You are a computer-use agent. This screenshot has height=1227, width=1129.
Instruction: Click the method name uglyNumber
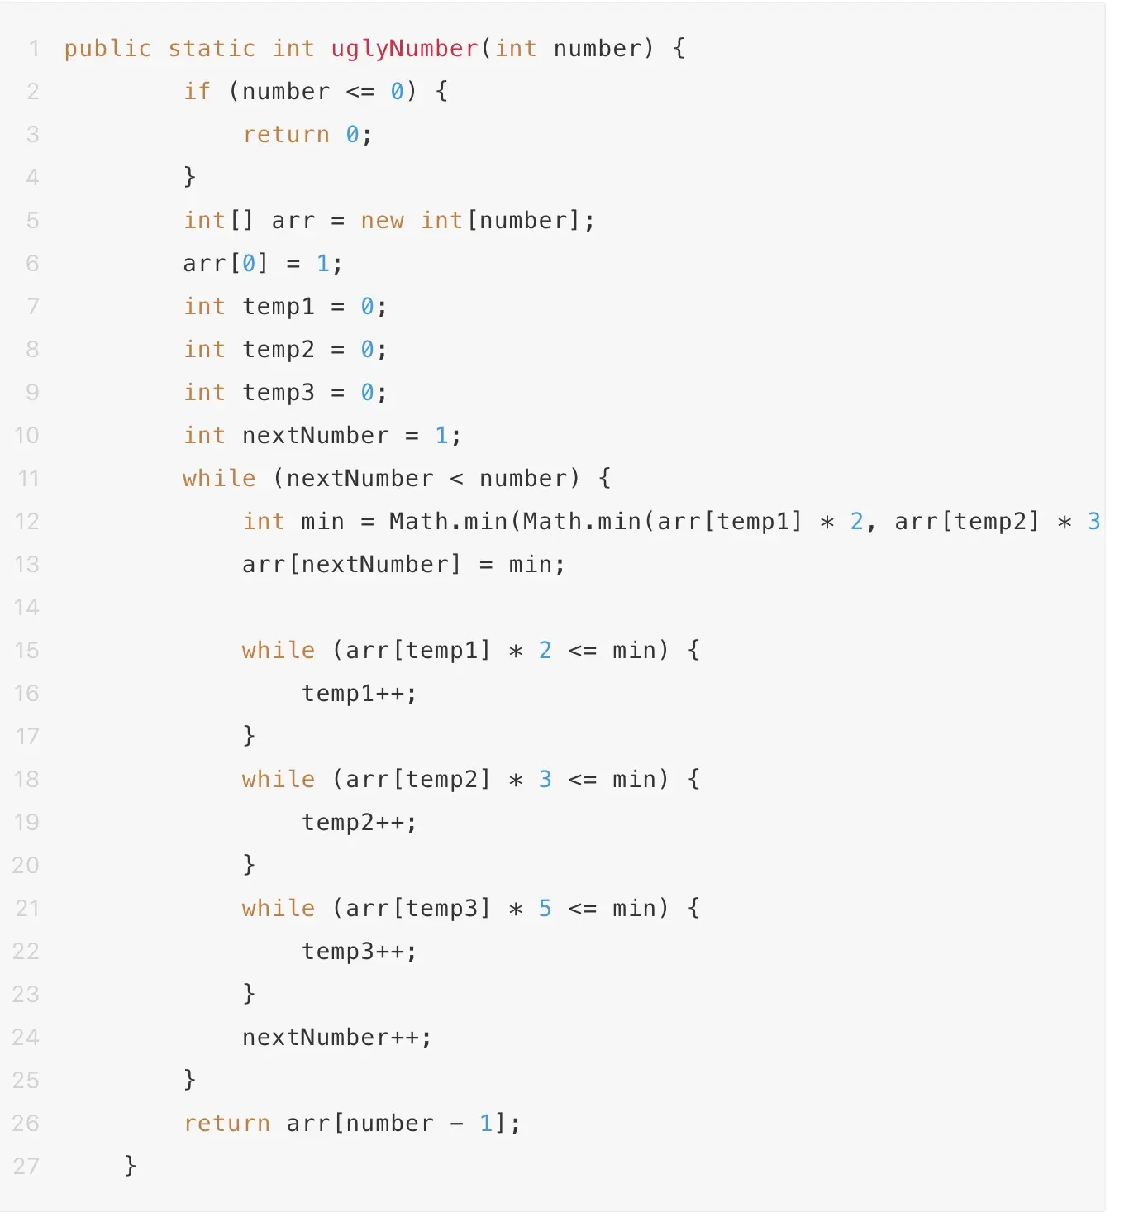click(x=404, y=49)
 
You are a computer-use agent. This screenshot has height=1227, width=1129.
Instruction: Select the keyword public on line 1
click(x=107, y=49)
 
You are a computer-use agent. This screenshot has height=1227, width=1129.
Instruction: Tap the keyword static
click(x=212, y=49)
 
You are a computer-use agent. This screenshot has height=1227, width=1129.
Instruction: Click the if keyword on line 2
click(x=197, y=92)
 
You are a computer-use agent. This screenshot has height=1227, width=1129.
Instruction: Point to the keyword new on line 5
click(x=382, y=221)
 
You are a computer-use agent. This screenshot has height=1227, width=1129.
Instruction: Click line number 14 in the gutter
click(x=26, y=608)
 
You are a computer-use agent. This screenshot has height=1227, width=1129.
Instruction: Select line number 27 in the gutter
click(x=26, y=1167)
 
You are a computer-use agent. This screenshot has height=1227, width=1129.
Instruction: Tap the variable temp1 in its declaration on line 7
click(x=279, y=307)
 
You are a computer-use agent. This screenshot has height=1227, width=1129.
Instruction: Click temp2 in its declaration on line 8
click(x=279, y=350)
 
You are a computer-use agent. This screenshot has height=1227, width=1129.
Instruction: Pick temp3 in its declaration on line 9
click(x=279, y=393)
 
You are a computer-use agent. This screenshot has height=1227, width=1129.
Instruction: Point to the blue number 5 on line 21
click(x=545, y=909)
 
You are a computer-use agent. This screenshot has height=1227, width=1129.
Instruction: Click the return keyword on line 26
click(x=226, y=1124)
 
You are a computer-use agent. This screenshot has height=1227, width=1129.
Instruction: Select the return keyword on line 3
click(x=286, y=135)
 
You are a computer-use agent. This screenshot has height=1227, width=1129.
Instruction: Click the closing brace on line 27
click(x=130, y=1166)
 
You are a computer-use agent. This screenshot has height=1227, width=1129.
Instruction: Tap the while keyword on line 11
click(x=219, y=479)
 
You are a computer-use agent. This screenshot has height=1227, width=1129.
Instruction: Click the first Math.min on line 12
click(x=448, y=522)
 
